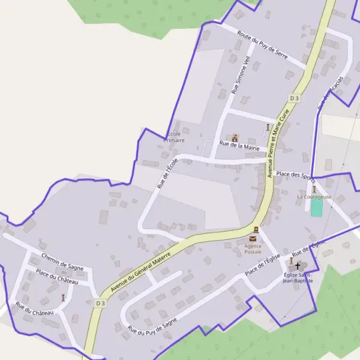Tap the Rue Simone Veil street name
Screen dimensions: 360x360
click(241, 76)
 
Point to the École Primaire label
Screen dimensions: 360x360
click(174, 137)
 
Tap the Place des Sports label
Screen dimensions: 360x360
click(295, 175)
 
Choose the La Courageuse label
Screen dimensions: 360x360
click(314, 196)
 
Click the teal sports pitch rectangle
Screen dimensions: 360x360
click(316, 208)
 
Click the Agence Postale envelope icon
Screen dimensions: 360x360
click(256, 230)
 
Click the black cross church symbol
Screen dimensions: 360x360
click(298, 265)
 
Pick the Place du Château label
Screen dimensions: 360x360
click(57, 281)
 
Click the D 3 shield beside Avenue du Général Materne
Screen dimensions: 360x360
click(100, 304)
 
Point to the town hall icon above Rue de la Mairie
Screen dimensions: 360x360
click(235, 137)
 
